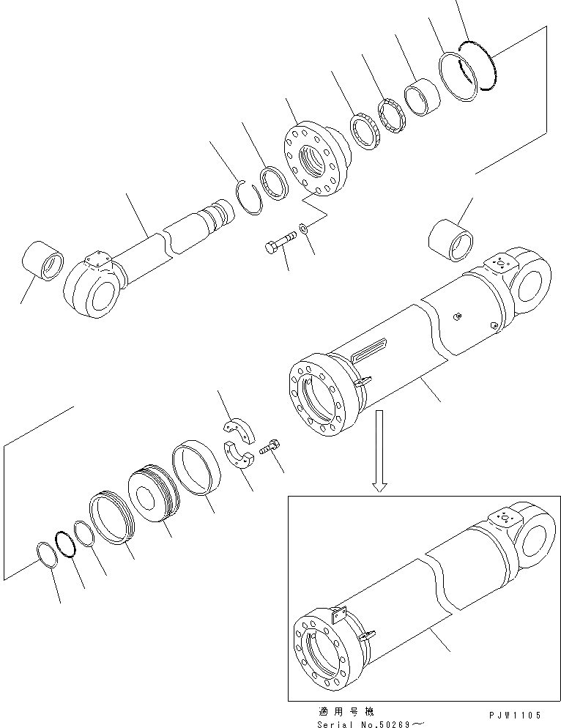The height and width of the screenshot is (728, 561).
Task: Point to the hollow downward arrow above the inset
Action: click(x=379, y=450)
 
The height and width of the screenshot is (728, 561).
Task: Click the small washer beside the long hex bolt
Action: click(x=305, y=228)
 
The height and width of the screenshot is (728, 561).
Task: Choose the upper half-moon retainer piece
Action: click(x=237, y=430)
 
